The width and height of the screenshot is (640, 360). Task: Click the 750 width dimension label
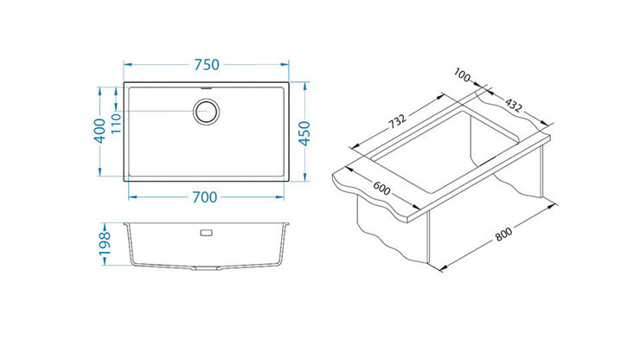[207, 65]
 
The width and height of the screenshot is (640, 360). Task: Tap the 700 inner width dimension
[205, 197]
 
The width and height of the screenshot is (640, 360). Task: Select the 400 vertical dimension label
[99, 131]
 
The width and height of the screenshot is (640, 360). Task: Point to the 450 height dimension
[304, 133]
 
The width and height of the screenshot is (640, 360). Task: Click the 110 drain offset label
[116, 124]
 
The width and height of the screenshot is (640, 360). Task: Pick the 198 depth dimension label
[105, 243]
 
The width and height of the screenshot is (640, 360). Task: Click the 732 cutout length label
[397, 121]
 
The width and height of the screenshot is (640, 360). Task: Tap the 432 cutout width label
[513, 105]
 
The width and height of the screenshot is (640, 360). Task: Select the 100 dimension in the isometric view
[462, 75]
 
